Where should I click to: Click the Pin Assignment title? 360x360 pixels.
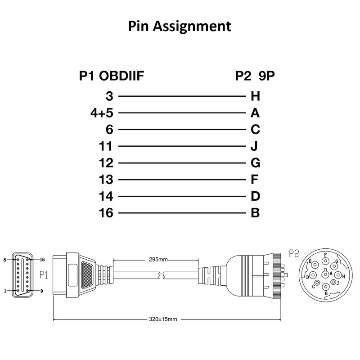click(x=180, y=27)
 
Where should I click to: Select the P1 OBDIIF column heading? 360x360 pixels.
click(x=111, y=76)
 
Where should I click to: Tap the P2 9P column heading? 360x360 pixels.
click(x=255, y=76)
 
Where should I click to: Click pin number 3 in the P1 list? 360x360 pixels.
click(x=109, y=96)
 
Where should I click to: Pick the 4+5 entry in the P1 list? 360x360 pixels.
click(x=102, y=113)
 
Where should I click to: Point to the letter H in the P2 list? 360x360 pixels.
click(x=255, y=96)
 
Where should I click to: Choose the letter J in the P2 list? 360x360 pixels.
click(x=254, y=146)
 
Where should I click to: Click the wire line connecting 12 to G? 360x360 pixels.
click(x=182, y=163)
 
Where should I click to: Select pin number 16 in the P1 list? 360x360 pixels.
click(x=106, y=213)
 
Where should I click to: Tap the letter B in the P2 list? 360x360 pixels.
click(x=255, y=213)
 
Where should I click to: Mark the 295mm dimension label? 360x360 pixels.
click(x=158, y=260)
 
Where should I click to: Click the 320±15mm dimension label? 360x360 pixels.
click(x=163, y=319)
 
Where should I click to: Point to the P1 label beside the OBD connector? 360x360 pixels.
click(x=44, y=275)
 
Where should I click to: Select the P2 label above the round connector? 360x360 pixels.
click(x=294, y=253)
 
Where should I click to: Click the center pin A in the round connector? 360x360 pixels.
click(x=325, y=274)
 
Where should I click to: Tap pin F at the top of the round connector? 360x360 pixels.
click(x=325, y=261)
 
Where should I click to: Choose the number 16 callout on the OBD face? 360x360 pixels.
click(x=42, y=260)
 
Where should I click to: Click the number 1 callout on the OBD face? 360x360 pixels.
click(x=5, y=291)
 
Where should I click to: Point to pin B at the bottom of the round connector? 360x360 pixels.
click(x=325, y=287)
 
